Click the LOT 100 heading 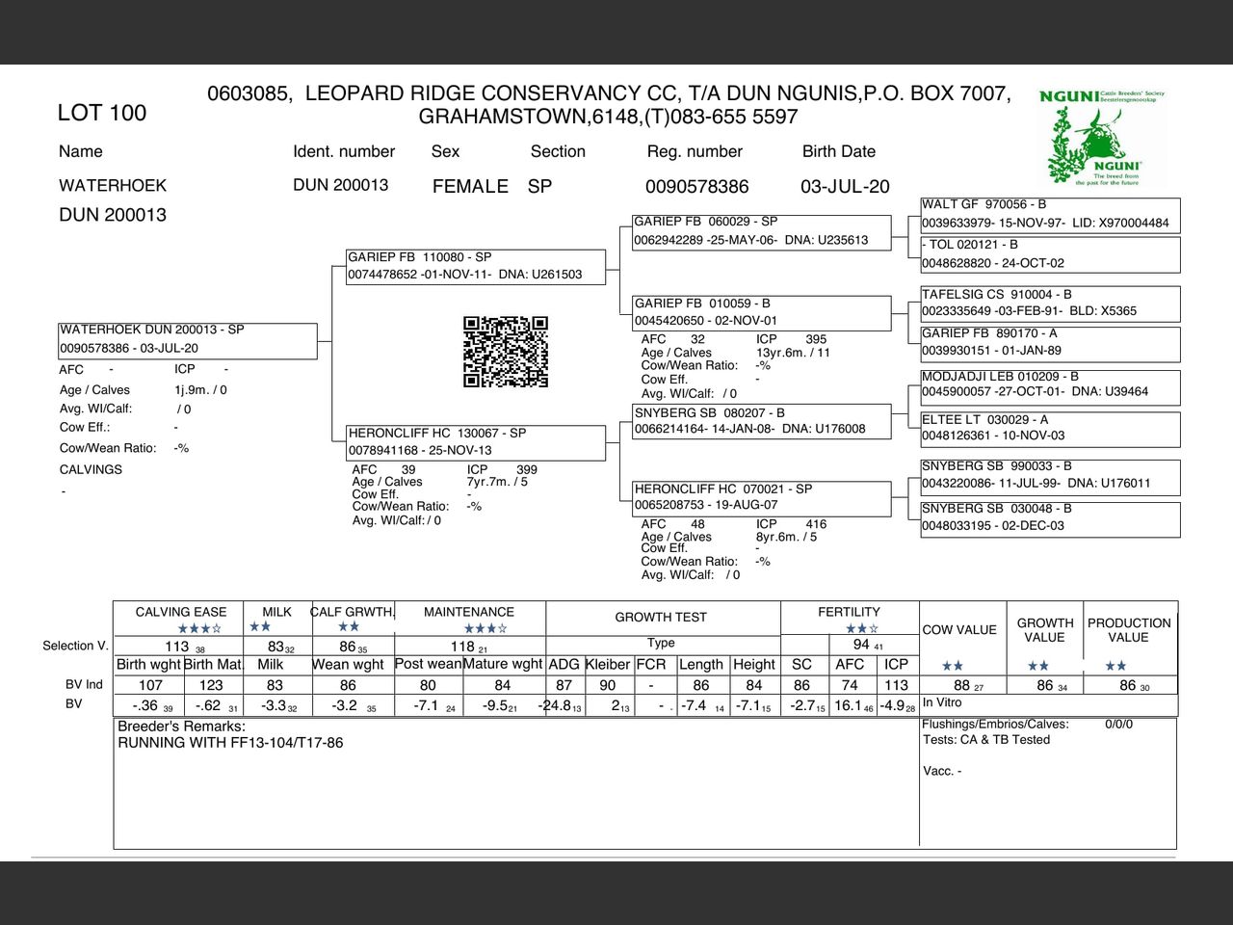click(101, 113)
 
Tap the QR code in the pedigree click(506, 352)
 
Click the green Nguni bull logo click(1102, 137)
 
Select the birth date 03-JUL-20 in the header click(845, 187)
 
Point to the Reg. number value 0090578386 click(696, 187)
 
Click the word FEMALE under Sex click(470, 187)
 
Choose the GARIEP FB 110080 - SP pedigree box click(476, 266)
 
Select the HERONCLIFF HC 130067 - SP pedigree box click(476, 442)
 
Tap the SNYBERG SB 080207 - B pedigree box click(761, 421)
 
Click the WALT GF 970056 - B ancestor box click(1050, 214)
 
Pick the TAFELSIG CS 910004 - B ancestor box click(1050, 303)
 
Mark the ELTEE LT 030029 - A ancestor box click(1050, 428)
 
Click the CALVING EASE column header click(181, 612)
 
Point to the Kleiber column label click(607, 665)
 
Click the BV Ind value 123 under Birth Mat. click(211, 685)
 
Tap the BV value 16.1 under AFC click(848, 705)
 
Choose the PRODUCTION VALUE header click(1129, 630)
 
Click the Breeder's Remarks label click(181, 727)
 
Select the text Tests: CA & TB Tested click(985, 740)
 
